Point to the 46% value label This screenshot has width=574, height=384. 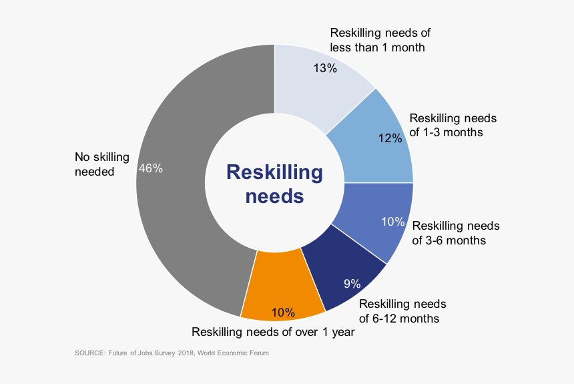pos(150,169)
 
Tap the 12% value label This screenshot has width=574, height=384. pos(389,138)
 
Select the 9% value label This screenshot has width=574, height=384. pos(352,284)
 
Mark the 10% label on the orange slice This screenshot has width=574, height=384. pos(283,312)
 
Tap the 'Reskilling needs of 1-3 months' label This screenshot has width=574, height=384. pos(453,125)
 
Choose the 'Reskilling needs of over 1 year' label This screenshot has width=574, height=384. pos(273,332)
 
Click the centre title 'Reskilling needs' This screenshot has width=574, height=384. pos(274,184)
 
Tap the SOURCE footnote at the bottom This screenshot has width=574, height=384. pos(172,353)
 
